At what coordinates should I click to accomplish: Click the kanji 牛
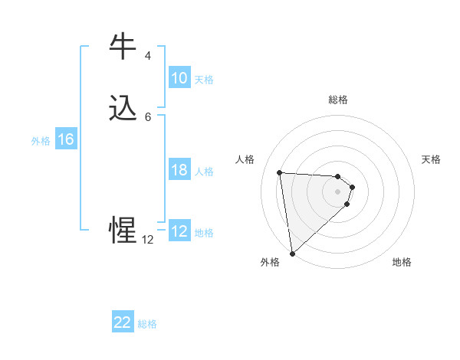123,47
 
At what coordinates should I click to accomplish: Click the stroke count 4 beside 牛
147,56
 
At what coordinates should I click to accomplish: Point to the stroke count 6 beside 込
147,116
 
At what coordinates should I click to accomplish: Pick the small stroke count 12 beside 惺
147,240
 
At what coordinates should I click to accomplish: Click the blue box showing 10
179,78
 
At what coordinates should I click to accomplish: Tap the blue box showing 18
179,170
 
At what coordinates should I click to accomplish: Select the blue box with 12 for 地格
179,231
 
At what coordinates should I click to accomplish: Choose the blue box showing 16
65,139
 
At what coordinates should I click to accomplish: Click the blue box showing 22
123,322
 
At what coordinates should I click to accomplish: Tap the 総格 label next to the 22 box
147,324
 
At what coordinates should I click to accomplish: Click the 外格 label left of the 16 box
41,141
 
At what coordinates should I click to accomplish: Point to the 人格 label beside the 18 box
205,172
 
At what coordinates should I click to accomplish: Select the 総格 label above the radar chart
337,100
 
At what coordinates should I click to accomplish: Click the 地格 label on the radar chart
402,262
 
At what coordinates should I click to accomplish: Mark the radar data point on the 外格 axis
292,254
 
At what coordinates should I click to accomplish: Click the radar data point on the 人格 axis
279,172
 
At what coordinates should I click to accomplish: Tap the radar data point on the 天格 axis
353,187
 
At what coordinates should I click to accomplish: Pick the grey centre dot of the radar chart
337,191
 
